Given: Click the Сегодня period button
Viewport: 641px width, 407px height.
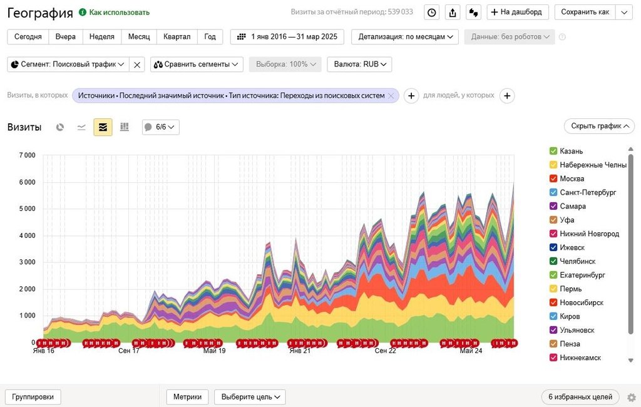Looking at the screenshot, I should click(28, 37).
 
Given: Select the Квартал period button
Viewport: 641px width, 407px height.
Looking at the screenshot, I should click(177, 37).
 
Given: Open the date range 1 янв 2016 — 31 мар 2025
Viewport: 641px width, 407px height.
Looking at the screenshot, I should click(288, 37).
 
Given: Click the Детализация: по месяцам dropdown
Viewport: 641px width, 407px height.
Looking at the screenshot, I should click(405, 37).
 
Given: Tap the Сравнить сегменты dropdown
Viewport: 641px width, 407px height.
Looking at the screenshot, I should click(197, 64).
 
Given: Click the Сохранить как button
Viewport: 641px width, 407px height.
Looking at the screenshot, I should click(585, 12).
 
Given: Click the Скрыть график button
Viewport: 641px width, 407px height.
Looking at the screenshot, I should click(599, 126).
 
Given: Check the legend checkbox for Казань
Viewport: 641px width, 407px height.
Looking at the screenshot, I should click(553, 151).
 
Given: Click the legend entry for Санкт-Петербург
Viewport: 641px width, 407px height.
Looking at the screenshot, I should click(588, 192).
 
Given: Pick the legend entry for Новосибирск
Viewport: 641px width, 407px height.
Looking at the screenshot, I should click(582, 302).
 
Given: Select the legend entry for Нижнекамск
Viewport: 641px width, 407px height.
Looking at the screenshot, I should click(580, 358).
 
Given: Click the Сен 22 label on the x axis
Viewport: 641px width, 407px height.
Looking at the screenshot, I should click(386, 351).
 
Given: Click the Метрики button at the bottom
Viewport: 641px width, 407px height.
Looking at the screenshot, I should click(188, 397).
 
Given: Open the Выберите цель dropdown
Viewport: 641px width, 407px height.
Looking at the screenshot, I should click(250, 397).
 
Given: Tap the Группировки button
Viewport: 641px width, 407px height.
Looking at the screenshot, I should click(33, 397).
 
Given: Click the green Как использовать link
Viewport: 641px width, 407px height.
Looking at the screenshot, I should click(119, 13).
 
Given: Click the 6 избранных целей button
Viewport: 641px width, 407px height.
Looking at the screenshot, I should click(580, 397).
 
